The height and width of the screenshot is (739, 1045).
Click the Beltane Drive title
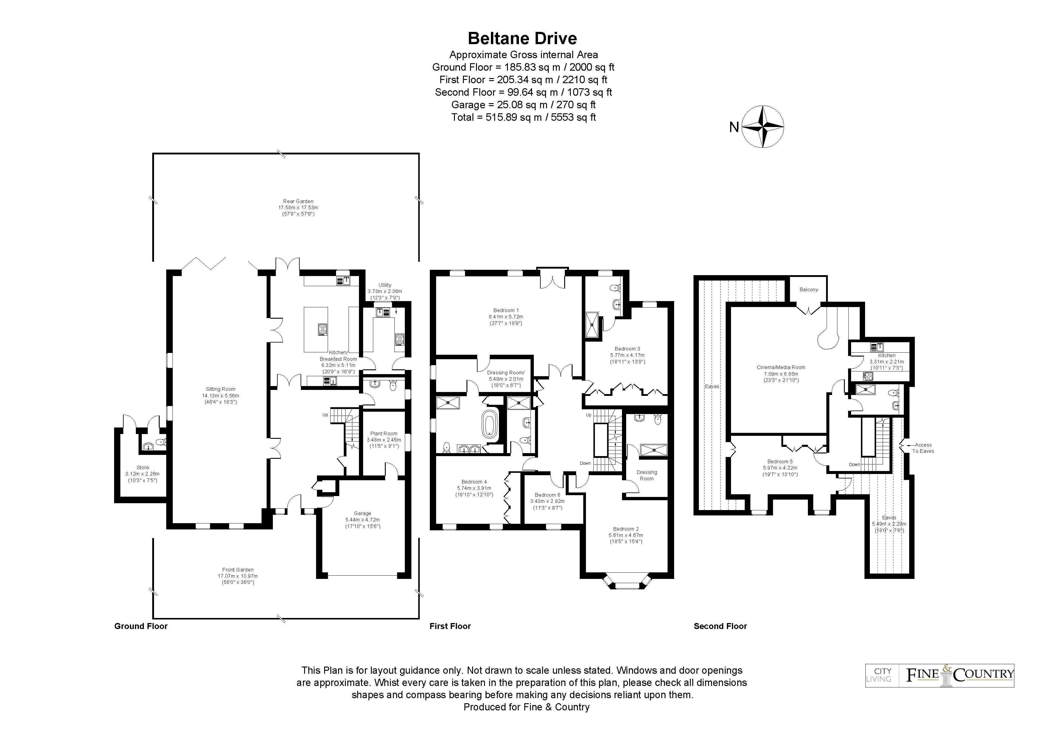click(522, 38)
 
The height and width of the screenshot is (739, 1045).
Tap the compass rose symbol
click(763, 127)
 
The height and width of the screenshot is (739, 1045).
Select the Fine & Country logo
click(940, 675)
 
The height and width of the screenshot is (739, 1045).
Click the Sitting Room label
click(221, 395)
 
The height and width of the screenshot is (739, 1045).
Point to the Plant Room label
click(384, 440)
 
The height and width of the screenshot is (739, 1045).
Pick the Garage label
click(363, 520)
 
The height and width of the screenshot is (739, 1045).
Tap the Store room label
click(142, 474)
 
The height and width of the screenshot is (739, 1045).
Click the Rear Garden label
click(298, 207)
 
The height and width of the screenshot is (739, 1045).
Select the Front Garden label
click(238, 576)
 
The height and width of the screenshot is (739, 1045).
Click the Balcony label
click(809, 289)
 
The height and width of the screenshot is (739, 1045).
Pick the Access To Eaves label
click(923, 448)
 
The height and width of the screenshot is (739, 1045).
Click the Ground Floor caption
click(141, 626)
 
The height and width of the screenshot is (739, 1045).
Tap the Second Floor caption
click(720, 626)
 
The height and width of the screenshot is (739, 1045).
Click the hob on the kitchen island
click(323, 329)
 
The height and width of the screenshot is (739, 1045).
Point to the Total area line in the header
click(523, 117)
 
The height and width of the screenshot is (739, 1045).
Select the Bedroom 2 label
click(626, 535)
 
